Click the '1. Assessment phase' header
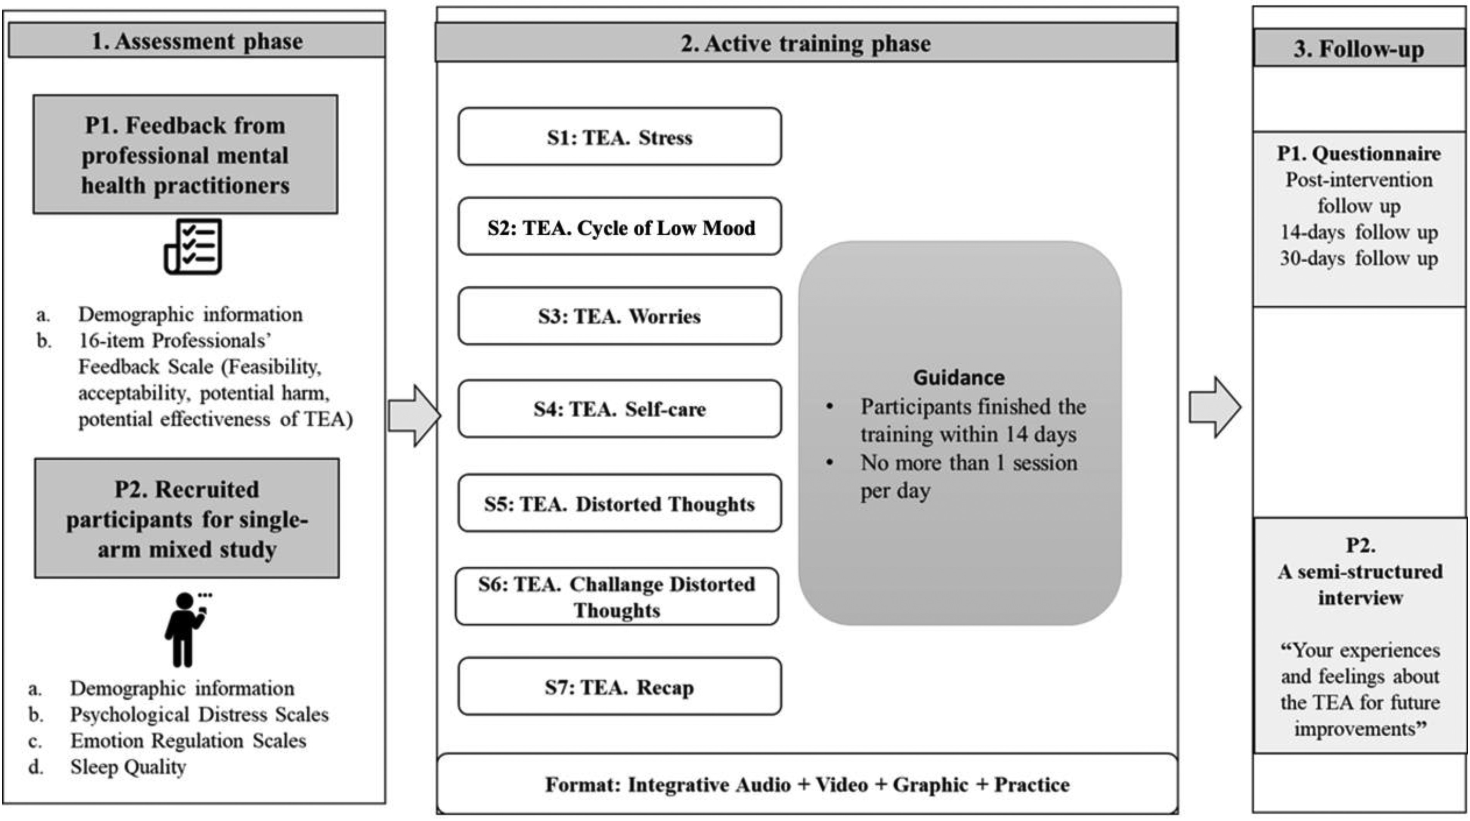(x=197, y=41)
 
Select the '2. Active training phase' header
(x=806, y=43)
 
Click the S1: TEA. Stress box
(x=620, y=137)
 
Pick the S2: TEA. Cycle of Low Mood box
(x=620, y=227)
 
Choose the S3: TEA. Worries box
(x=620, y=316)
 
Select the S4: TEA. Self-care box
(x=620, y=409)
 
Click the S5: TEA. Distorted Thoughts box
(x=620, y=503)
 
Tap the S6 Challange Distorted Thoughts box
(x=617, y=597)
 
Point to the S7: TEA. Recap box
(x=620, y=686)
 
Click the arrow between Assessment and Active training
(x=414, y=415)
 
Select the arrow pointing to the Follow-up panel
(x=1215, y=407)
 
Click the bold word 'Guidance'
(x=959, y=377)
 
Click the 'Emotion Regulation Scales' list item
(x=188, y=741)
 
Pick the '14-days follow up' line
(x=1359, y=232)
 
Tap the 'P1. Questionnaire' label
(x=1359, y=153)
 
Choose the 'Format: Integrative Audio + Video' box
(x=807, y=784)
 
